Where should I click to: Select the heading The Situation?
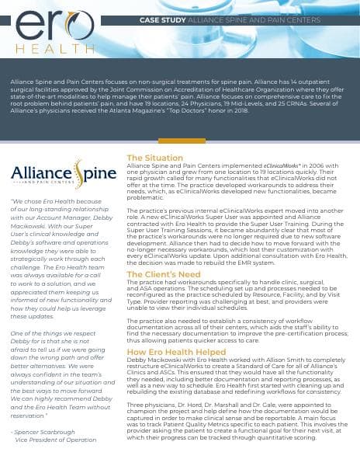pyautogui.click(x=154, y=158)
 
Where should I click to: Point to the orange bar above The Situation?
pyautogui.click(x=182, y=141)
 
